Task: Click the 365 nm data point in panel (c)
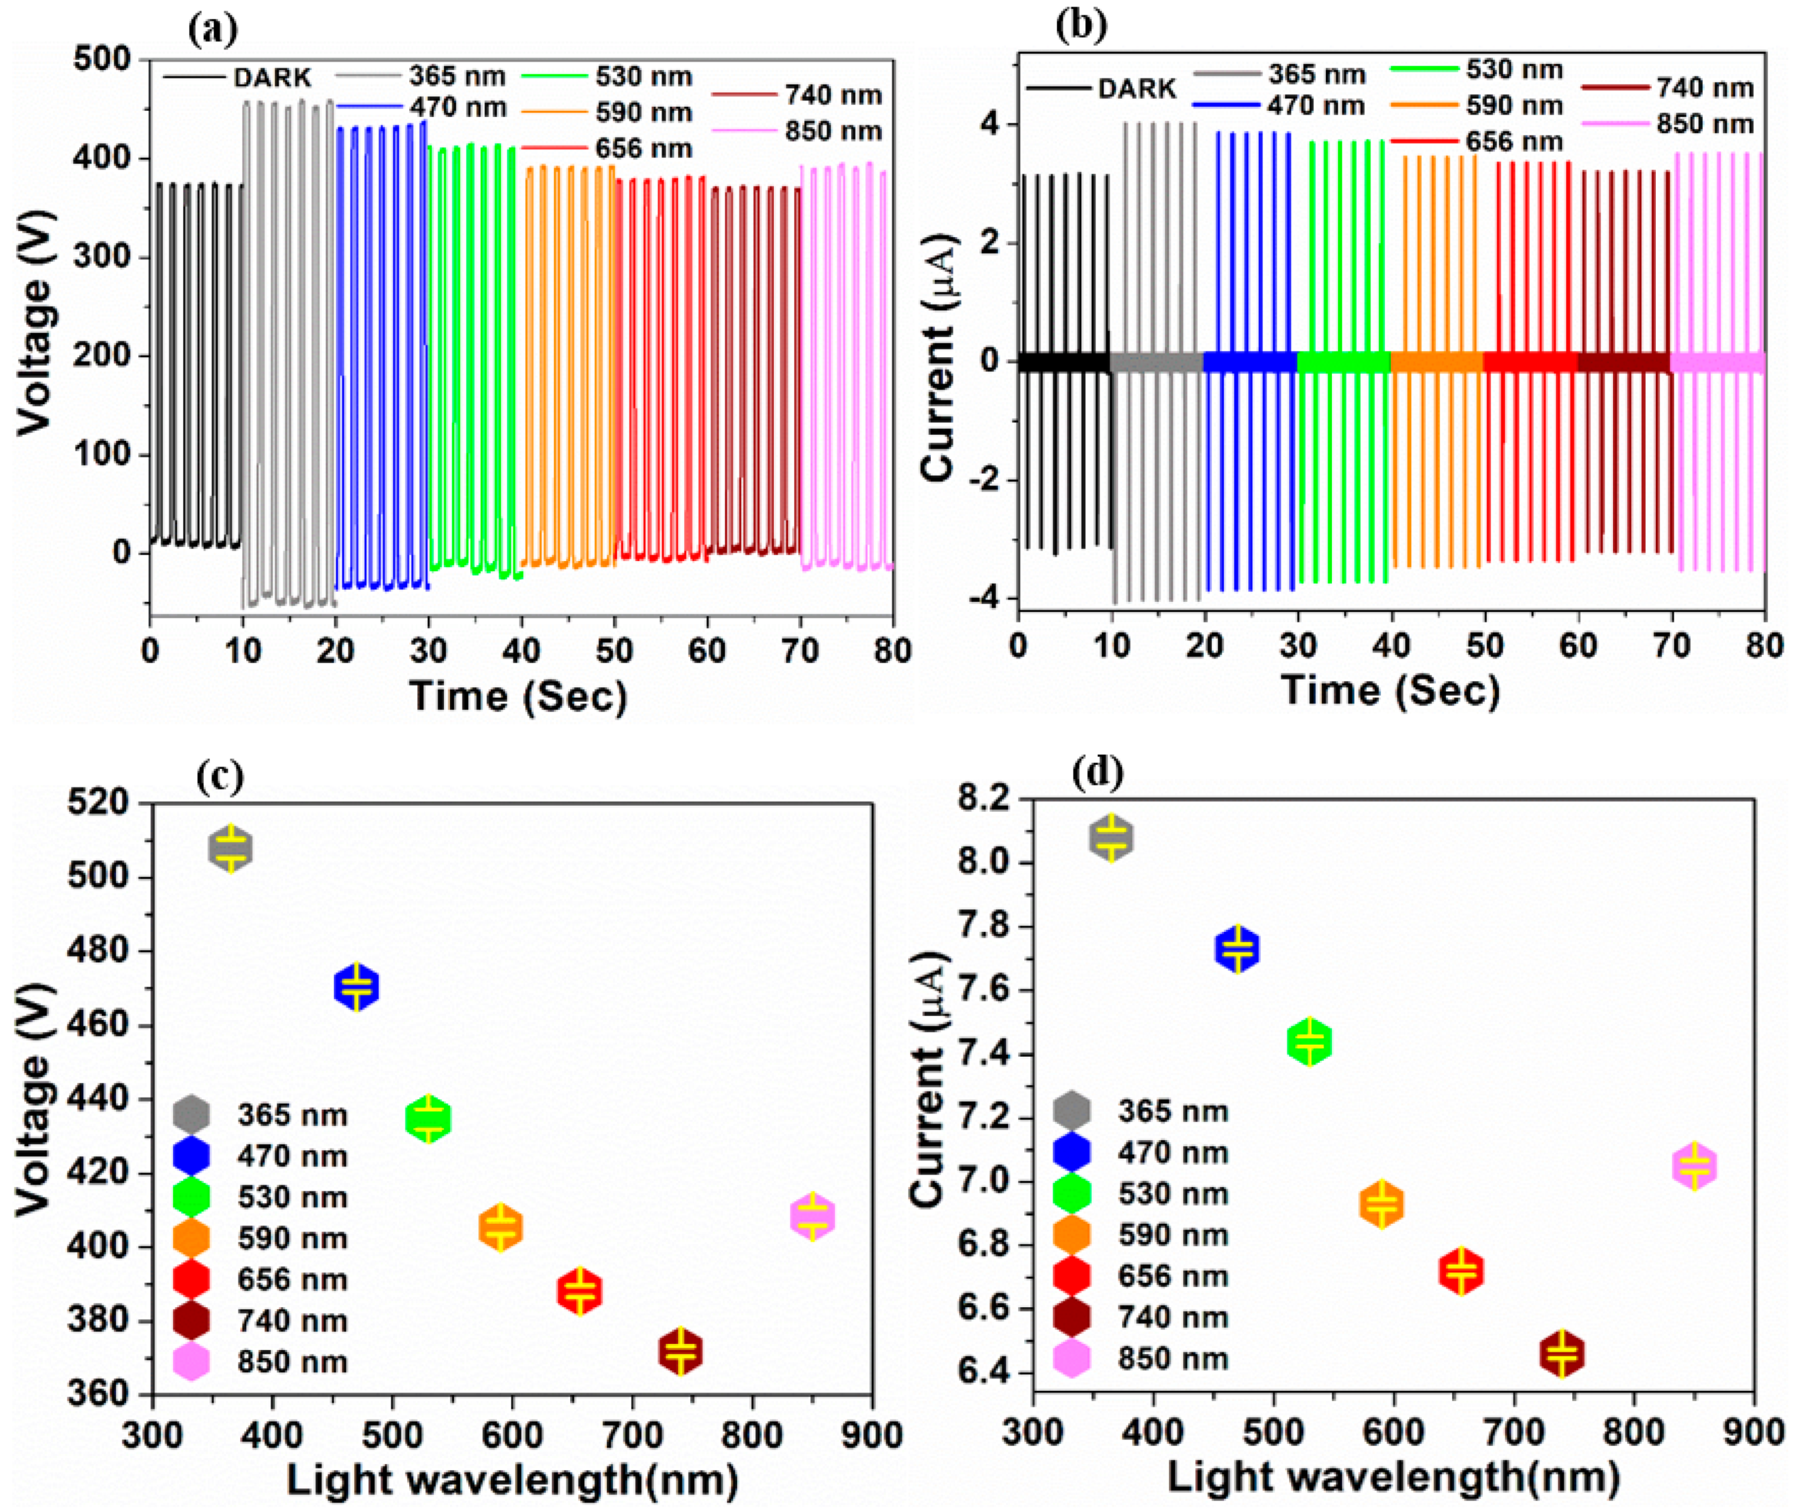click(x=231, y=848)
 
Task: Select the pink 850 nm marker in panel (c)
click(x=812, y=1216)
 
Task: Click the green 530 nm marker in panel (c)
click(x=428, y=1118)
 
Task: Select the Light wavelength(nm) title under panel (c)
click(x=512, y=1479)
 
